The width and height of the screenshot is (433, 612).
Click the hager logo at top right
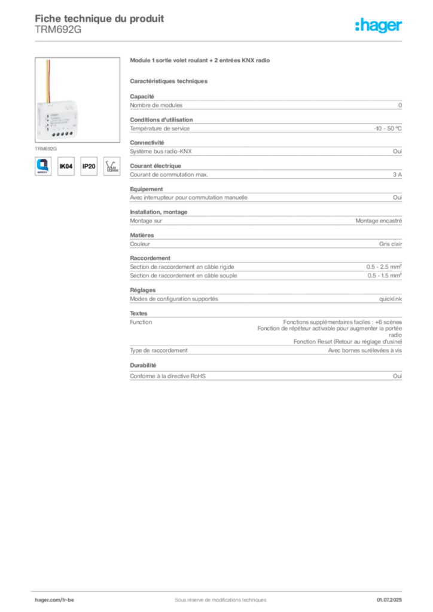click(x=378, y=25)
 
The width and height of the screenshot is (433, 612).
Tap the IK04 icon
click(x=66, y=166)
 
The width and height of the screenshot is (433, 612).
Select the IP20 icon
click(x=89, y=166)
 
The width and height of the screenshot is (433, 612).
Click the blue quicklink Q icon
click(x=43, y=166)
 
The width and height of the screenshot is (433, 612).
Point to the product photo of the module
click(x=77, y=100)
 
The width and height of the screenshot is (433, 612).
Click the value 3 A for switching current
click(x=397, y=175)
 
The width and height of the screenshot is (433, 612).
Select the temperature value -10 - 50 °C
click(x=388, y=128)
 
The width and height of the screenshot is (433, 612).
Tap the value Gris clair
click(x=391, y=244)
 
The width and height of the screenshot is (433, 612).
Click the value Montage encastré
click(x=379, y=221)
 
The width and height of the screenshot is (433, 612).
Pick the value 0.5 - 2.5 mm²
click(x=384, y=267)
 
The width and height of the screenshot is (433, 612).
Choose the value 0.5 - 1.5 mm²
click(x=384, y=276)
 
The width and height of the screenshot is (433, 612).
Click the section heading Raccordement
click(x=150, y=258)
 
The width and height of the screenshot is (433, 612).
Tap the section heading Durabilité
click(x=143, y=365)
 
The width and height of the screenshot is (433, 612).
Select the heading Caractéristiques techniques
click(x=169, y=81)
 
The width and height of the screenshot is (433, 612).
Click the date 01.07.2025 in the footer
click(x=389, y=600)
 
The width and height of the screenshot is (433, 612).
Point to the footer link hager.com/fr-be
click(x=54, y=600)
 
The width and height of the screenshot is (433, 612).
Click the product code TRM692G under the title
click(x=58, y=30)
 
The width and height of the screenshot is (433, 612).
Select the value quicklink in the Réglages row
click(x=391, y=299)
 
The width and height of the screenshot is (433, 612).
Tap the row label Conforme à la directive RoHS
click(x=167, y=377)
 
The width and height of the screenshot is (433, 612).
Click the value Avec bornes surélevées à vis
click(x=365, y=350)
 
